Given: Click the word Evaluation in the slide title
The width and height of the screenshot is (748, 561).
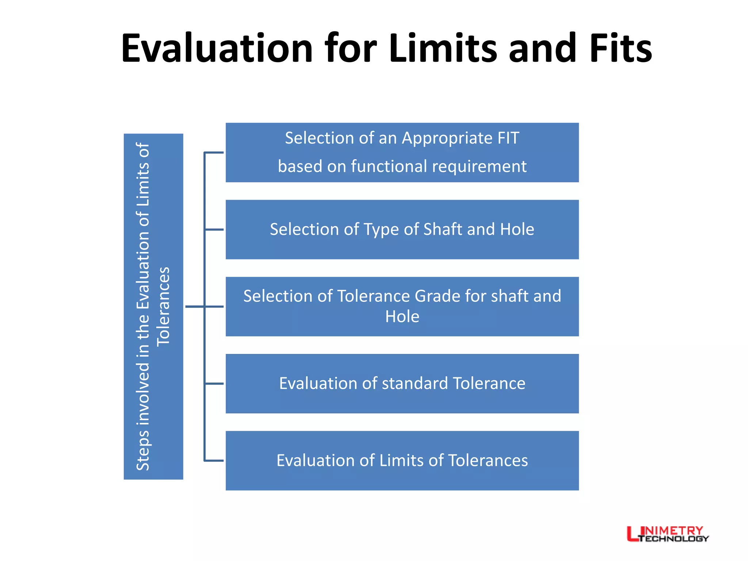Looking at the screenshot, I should coord(217,49).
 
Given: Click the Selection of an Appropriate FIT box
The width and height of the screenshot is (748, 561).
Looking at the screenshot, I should coord(402,153).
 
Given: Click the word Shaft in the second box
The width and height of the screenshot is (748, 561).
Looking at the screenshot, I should coord(443,229).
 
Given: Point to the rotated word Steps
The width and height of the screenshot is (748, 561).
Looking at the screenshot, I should coord(143,451).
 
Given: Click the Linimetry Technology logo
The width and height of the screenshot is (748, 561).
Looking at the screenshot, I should coord(668,534).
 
